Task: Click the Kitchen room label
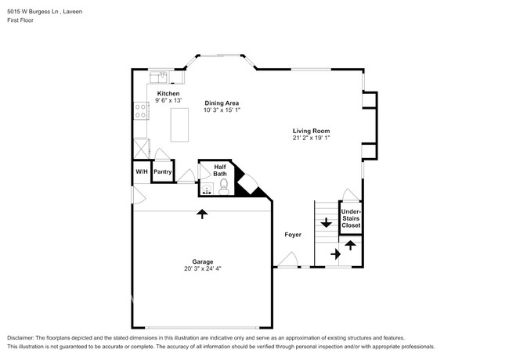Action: pyautogui.click(x=168, y=93)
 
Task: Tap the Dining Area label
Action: pyautogui.click(x=222, y=103)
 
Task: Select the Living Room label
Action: pyautogui.click(x=311, y=131)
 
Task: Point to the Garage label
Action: pyautogui.click(x=204, y=261)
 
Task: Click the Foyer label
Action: pyautogui.click(x=293, y=234)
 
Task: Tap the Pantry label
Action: pyautogui.click(x=162, y=171)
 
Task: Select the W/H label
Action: pyautogui.click(x=141, y=171)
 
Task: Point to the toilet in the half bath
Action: pyautogui.click(x=223, y=186)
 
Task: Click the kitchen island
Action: pyautogui.click(x=180, y=125)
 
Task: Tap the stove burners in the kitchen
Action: pyautogui.click(x=141, y=110)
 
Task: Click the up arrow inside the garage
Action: pyautogui.click(x=202, y=214)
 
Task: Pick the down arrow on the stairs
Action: pyautogui.click(x=326, y=223)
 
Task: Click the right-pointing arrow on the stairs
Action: pyautogui.click(x=334, y=254)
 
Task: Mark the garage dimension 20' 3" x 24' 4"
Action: pyautogui.click(x=203, y=269)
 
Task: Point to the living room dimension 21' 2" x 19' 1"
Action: pyautogui.click(x=311, y=139)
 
